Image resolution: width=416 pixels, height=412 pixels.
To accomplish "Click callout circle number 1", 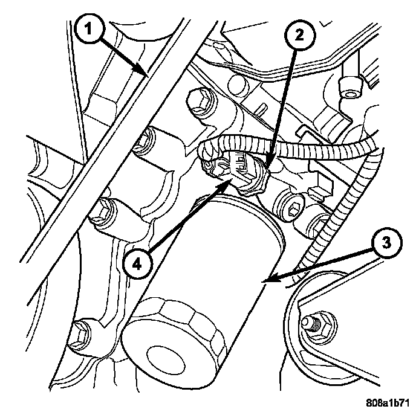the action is point(89,28).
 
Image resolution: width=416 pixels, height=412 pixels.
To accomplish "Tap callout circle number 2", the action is point(300,36).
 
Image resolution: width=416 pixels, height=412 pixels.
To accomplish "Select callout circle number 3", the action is point(387,243).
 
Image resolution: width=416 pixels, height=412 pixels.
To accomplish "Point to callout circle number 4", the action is point(138,264).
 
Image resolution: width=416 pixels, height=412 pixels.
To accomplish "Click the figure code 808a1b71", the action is point(388,404).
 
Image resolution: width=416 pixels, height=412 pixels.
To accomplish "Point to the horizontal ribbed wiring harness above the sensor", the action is point(292,148).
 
